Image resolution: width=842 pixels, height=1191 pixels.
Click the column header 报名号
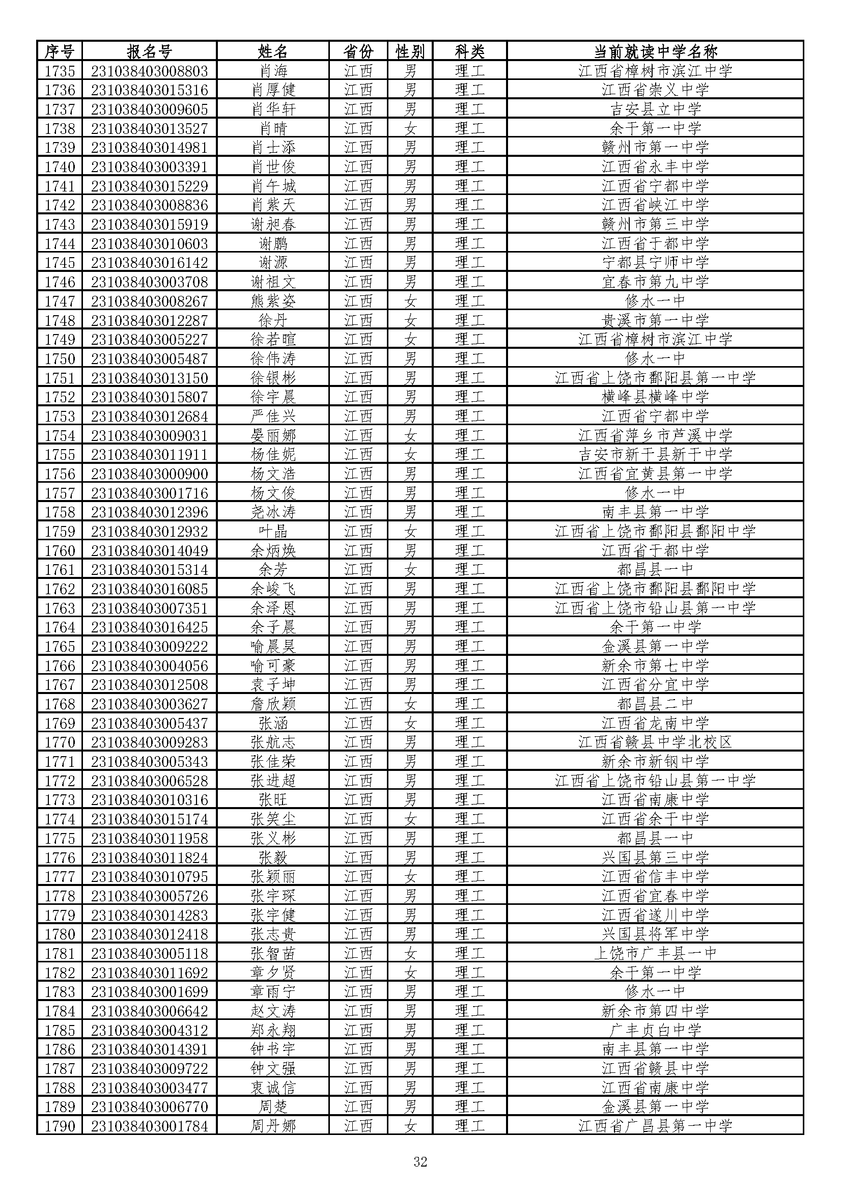coord(149,51)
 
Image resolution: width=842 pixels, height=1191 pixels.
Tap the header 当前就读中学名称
coord(655,51)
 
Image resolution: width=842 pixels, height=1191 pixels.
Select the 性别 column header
coord(410,51)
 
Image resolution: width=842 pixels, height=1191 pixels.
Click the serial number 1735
coord(60,71)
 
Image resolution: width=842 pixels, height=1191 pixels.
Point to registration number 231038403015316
coord(149,90)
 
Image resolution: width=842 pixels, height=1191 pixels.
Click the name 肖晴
coord(273,129)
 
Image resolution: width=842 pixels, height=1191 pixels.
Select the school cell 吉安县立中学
coord(655,109)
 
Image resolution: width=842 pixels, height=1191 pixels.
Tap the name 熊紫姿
coord(273,301)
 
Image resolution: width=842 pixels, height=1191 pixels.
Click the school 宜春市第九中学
coord(655,282)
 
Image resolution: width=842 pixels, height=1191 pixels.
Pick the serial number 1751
coord(60,378)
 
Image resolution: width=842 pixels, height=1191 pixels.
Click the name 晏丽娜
coord(273,436)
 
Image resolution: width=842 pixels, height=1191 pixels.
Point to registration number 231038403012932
coord(149,532)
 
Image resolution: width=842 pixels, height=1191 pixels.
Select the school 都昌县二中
coord(655,704)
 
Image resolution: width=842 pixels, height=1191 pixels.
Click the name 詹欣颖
coord(273,704)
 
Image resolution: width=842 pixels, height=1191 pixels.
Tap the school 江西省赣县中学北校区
coord(655,742)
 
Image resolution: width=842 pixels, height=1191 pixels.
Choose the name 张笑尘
coord(273,819)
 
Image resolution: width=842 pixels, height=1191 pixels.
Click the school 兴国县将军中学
coord(655,934)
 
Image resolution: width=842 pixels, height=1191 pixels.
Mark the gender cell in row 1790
coord(410,1126)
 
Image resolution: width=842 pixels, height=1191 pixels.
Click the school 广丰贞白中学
coord(655,1030)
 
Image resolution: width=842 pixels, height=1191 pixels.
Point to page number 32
coord(420,1162)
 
